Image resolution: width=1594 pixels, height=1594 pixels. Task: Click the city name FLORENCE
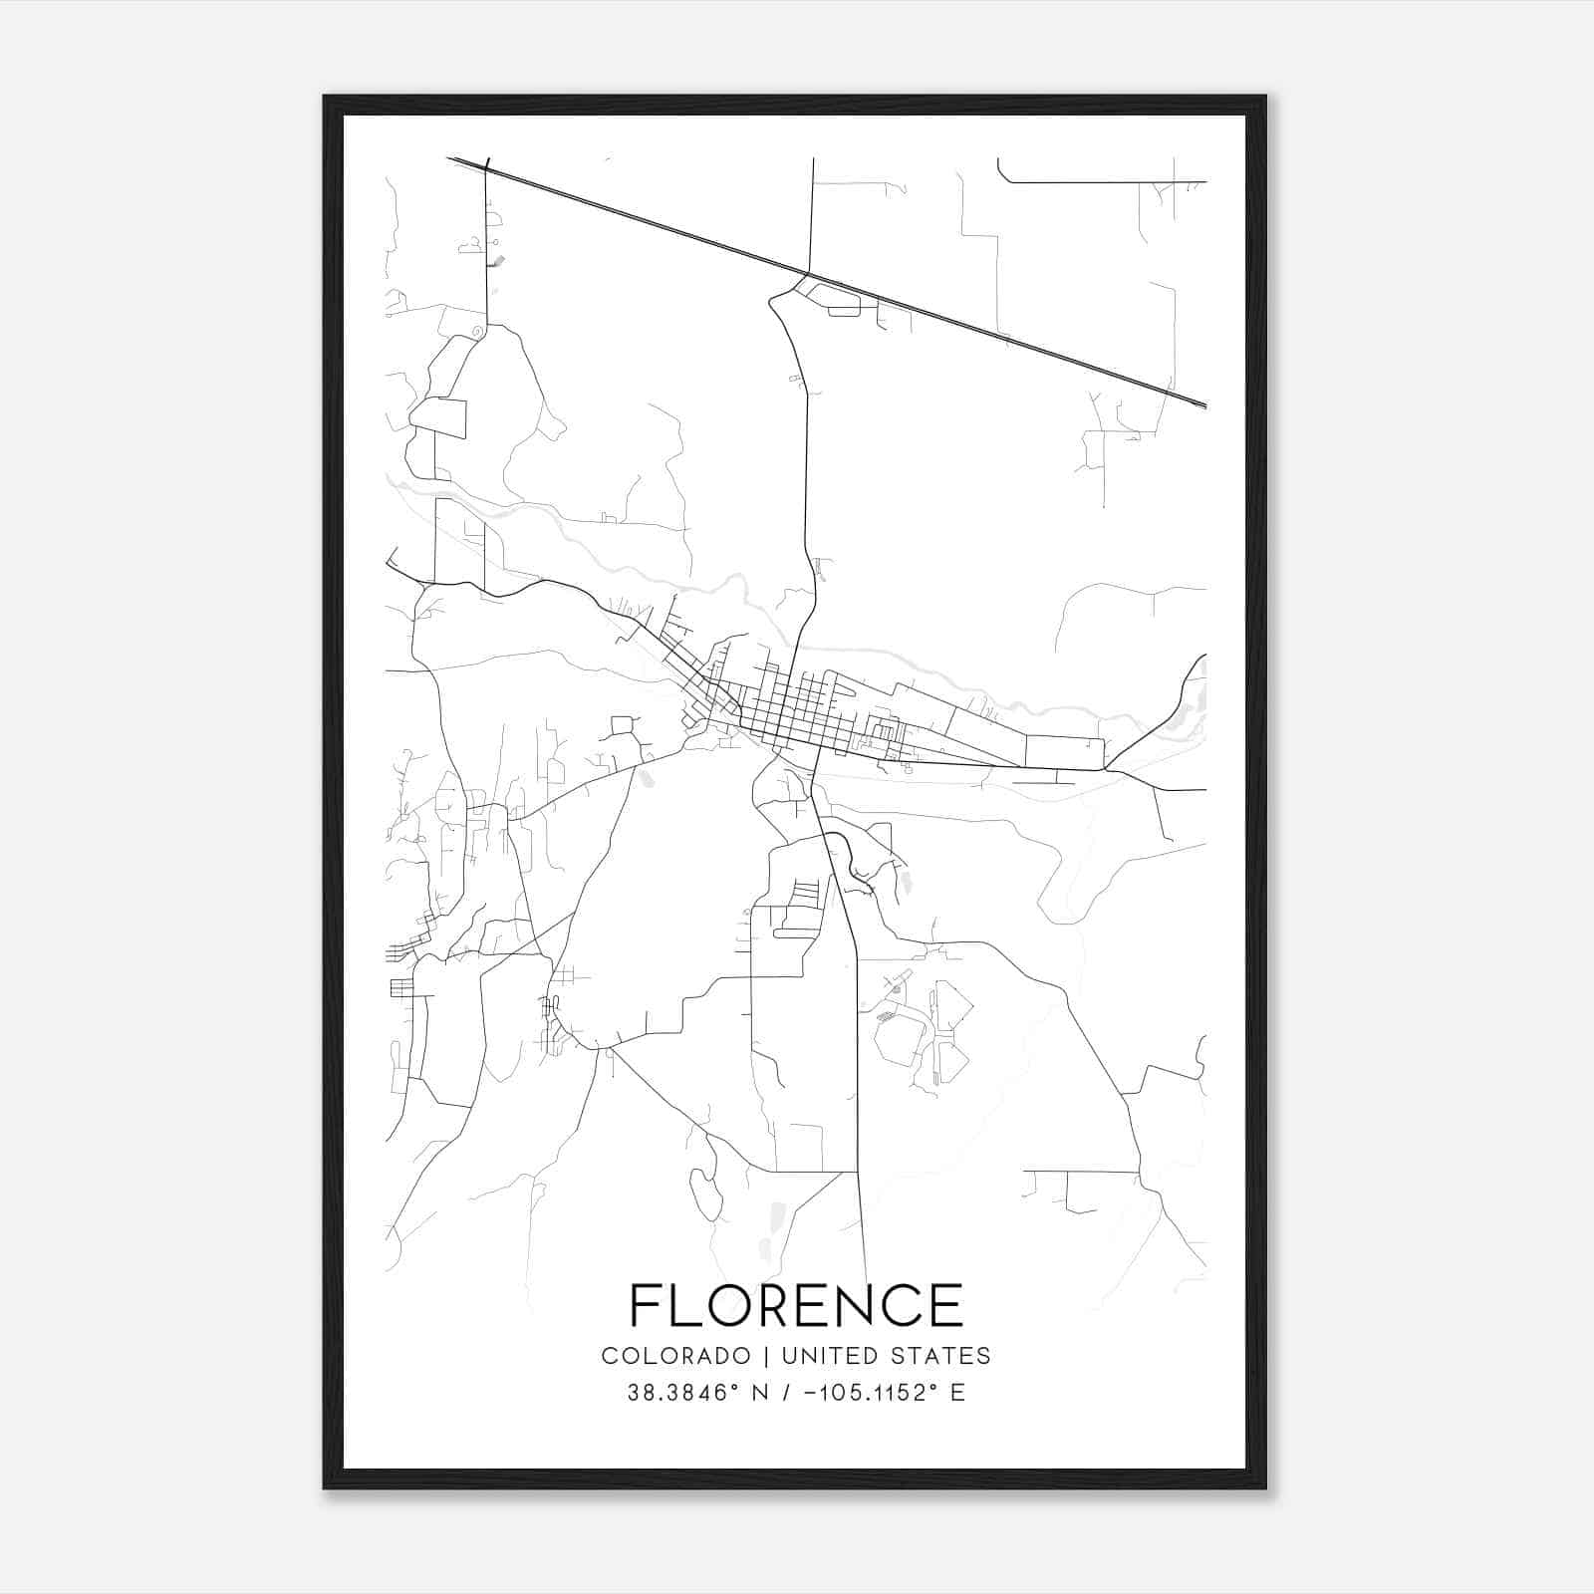click(x=796, y=1305)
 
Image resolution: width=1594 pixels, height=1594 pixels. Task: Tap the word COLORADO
click(x=675, y=1356)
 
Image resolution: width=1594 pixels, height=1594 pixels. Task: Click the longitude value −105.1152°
click(x=867, y=1393)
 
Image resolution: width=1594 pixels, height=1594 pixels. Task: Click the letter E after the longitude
click(x=957, y=1393)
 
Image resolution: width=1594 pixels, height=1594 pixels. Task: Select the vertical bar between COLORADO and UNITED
click(x=766, y=1356)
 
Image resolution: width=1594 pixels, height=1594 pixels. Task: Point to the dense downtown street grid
click(x=797, y=712)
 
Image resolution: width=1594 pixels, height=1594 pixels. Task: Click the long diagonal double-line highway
click(x=827, y=281)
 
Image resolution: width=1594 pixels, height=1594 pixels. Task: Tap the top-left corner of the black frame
click(x=326, y=98)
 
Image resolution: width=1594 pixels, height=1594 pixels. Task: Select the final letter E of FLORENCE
click(x=947, y=1305)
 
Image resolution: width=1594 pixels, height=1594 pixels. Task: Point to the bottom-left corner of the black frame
click(x=326, y=1486)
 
